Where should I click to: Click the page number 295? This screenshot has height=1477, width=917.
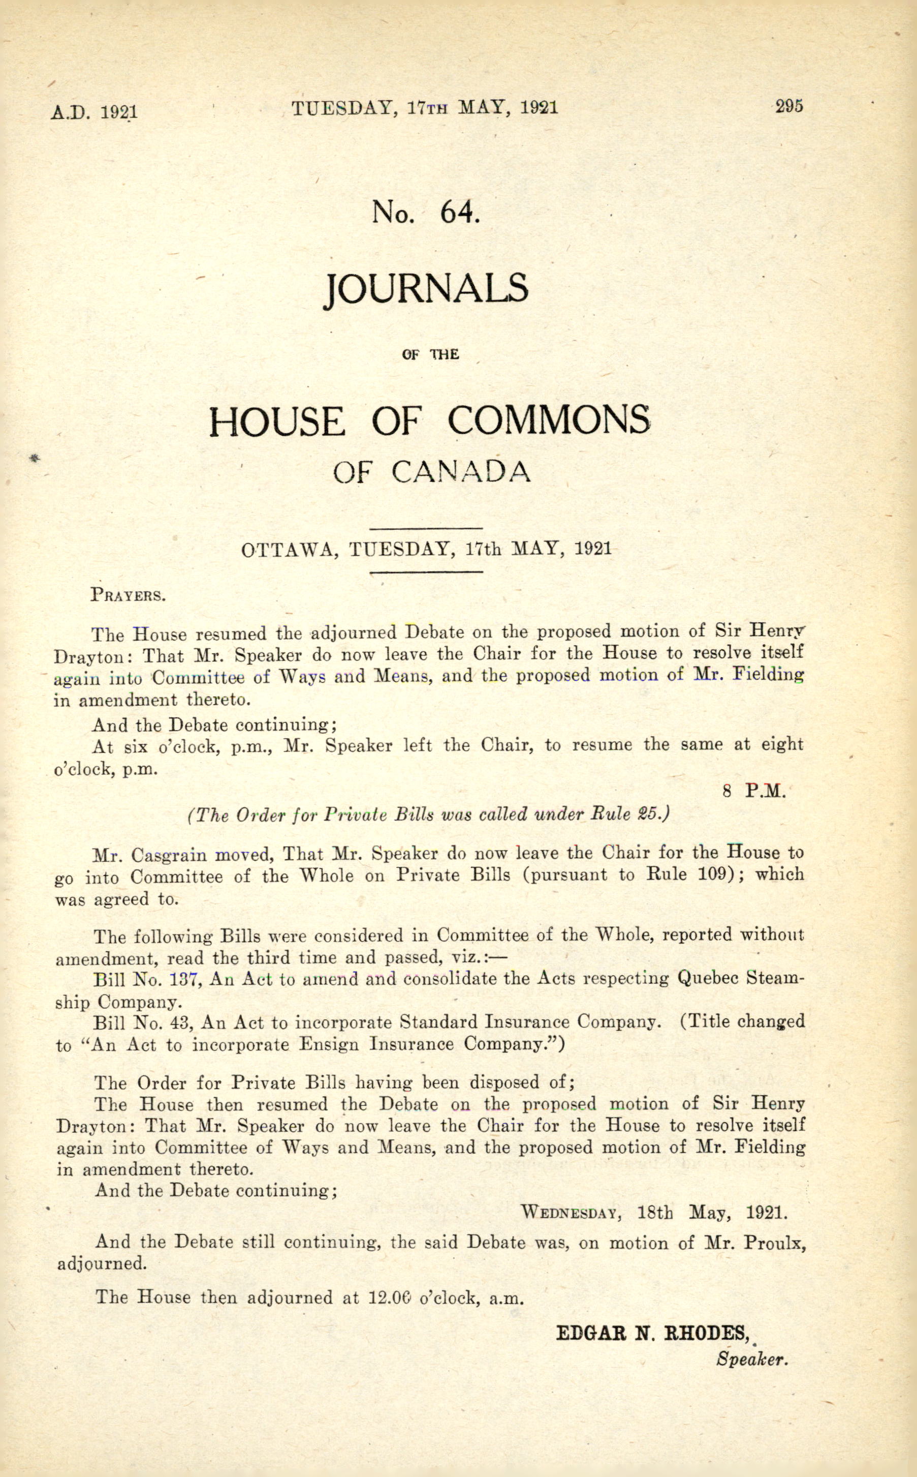coord(788,106)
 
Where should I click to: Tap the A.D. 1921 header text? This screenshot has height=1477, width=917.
coord(94,112)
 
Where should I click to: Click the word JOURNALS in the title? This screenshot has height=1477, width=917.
coord(426,290)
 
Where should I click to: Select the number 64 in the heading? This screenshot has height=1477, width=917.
coord(460,213)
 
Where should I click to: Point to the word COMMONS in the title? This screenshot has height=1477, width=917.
coord(549,420)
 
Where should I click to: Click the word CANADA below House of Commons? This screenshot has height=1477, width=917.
coord(461,472)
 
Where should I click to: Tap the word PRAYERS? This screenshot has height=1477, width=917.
coord(128,595)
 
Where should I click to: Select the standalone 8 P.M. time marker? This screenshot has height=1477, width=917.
coord(754,791)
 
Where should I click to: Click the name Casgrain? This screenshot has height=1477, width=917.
coord(170,856)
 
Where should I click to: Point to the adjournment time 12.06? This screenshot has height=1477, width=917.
coord(390,1298)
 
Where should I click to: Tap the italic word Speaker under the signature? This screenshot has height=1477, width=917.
coord(751,1359)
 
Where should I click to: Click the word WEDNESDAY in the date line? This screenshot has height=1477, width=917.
coord(570,1213)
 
